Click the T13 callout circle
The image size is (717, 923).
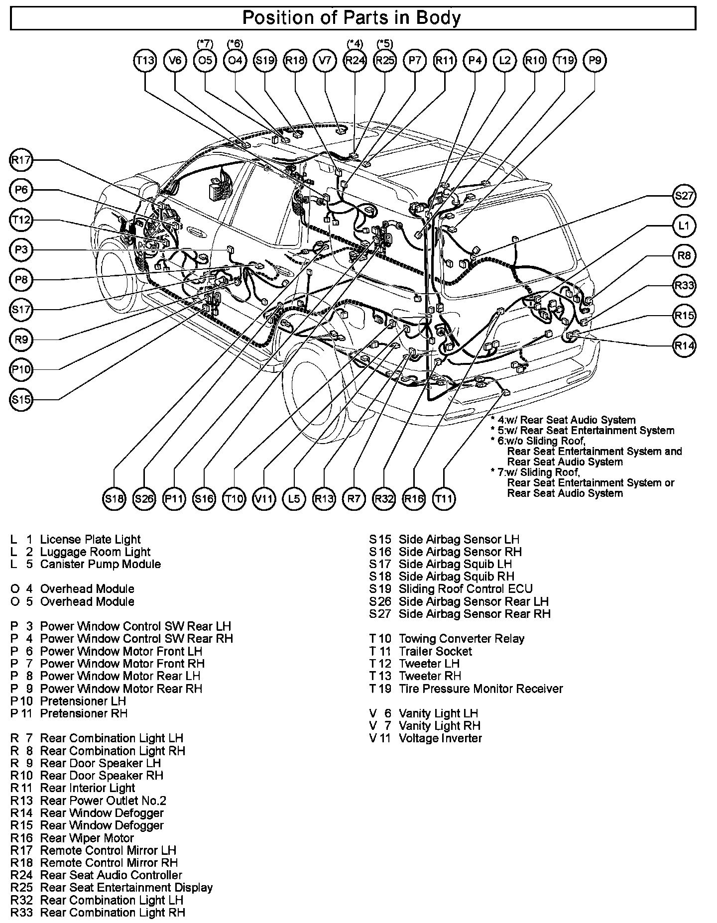click(x=145, y=61)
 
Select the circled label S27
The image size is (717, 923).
click(x=684, y=196)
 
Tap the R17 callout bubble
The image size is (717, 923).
click(x=21, y=160)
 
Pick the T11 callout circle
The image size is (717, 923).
click(x=444, y=498)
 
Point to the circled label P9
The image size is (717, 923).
click(x=595, y=61)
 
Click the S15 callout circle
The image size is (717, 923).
click(x=21, y=399)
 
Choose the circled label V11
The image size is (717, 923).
click(x=264, y=498)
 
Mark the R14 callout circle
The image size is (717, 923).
click(x=684, y=345)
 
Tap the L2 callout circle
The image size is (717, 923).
click(x=505, y=61)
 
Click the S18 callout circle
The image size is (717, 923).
click(x=114, y=498)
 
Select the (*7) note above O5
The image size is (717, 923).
click(x=205, y=44)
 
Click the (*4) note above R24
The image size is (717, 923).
click(x=355, y=44)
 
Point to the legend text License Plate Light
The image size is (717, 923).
click(x=90, y=539)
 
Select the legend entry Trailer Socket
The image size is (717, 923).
click(x=435, y=651)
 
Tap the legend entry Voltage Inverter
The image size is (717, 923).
click(x=440, y=738)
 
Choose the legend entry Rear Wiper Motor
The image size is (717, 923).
click(x=87, y=838)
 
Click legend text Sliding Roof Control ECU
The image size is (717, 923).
click(x=466, y=589)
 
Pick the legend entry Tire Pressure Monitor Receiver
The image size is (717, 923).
click(x=480, y=689)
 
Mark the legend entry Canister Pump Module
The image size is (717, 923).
click(x=100, y=564)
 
